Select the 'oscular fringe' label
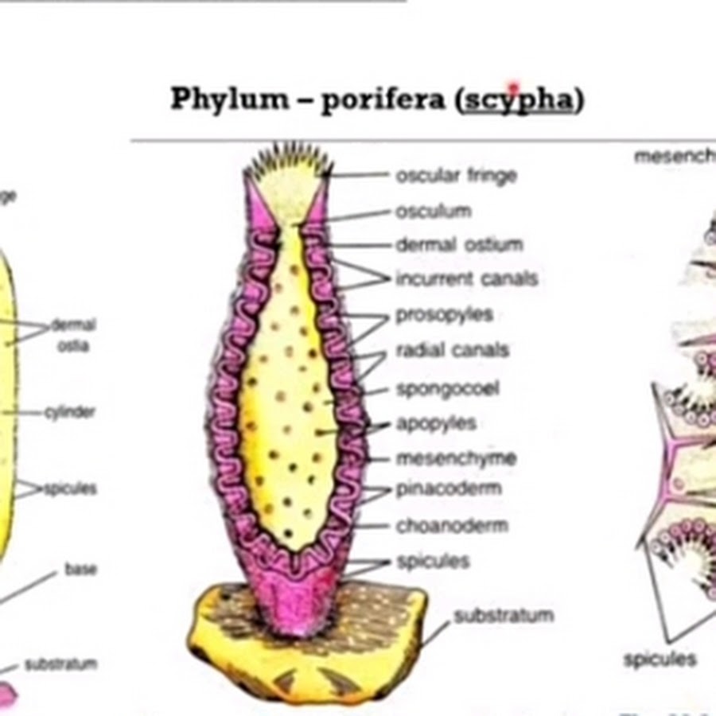coord(456,176)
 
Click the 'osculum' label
coord(434,211)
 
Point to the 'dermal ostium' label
coord(459,244)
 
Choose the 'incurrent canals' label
coord(466,278)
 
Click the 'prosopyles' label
coord(444,315)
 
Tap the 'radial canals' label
coord(452,350)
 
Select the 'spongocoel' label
coord(448,390)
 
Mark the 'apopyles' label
coord(436,423)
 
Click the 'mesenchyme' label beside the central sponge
coord(456,458)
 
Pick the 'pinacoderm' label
coord(449,488)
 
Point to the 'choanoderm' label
coord(452,526)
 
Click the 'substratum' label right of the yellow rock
coord(503,616)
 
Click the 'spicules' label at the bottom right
coord(660,660)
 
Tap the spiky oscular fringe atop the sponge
coord(286,159)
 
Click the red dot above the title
coord(514,86)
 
